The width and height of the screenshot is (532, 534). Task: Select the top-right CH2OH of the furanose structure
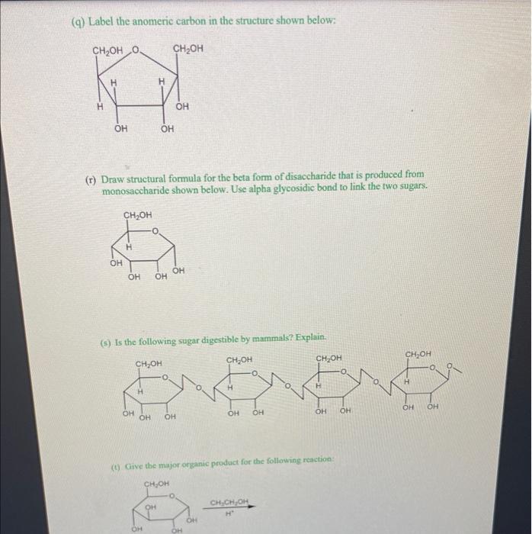(188, 50)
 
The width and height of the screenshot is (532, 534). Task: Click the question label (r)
(91, 175)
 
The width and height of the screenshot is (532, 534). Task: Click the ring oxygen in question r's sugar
(155, 230)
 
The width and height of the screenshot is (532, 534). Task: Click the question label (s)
(106, 337)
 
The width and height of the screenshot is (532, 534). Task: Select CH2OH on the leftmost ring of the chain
(149, 364)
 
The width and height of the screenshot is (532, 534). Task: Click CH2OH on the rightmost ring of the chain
(419, 354)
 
